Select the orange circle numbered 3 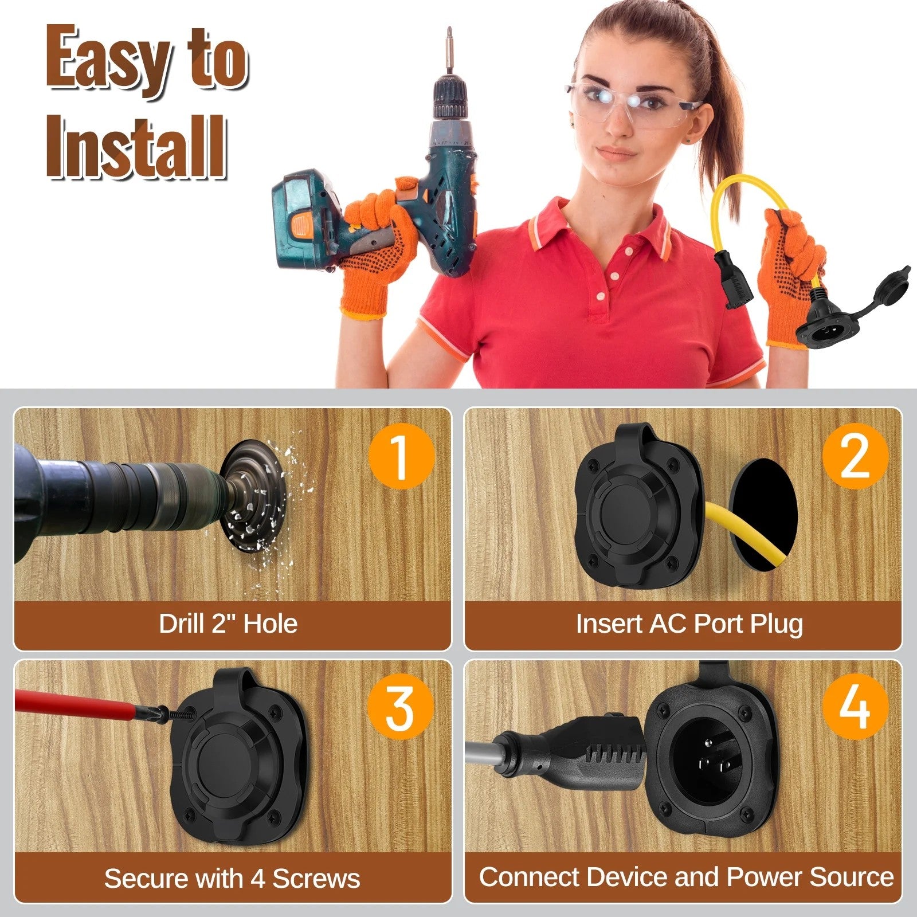pyautogui.click(x=401, y=707)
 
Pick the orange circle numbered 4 pyautogui.click(x=855, y=707)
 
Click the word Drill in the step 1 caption pyautogui.click(x=181, y=624)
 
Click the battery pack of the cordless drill pyautogui.click(x=309, y=221)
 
